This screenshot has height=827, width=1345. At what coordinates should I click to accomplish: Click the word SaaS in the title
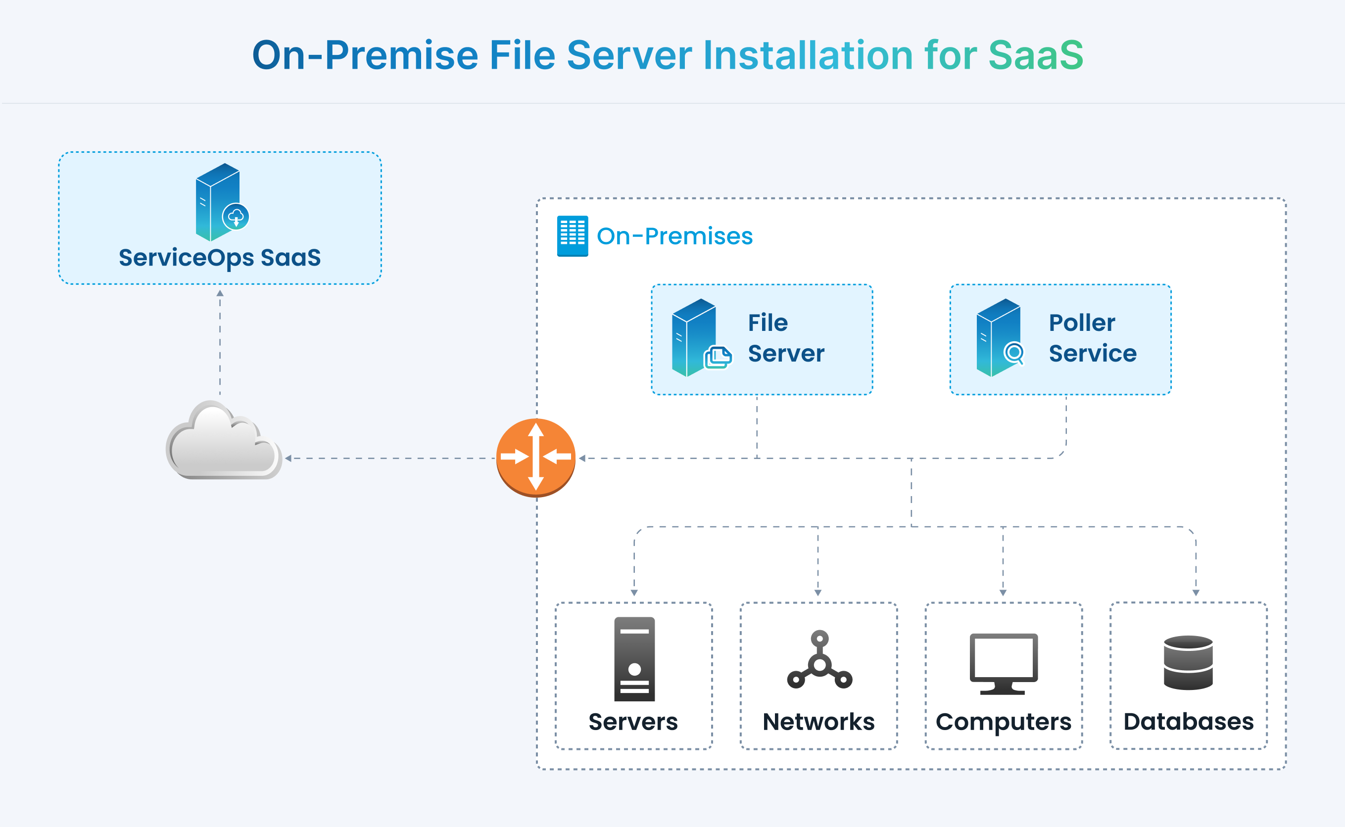(x=1035, y=55)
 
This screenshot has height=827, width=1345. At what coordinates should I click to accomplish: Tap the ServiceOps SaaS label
(x=219, y=258)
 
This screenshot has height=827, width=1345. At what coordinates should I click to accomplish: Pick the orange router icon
(x=536, y=457)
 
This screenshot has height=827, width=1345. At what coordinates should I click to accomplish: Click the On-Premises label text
(x=674, y=236)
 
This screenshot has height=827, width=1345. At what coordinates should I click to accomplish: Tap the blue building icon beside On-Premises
(x=573, y=236)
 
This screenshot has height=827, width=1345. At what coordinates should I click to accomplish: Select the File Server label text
(x=786, y=338)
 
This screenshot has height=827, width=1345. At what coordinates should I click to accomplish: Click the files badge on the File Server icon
(x=718, y=358)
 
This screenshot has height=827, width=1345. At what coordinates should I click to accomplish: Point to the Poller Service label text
(x=1092, y=338)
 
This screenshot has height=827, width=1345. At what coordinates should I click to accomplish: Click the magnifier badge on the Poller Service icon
(x=1014, y=353)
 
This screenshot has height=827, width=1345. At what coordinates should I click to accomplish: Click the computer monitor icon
(x=1003, y=663)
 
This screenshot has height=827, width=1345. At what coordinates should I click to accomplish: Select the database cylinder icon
(x=1188, y=662)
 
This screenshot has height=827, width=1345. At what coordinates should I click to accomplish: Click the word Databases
(x=1188, y=722)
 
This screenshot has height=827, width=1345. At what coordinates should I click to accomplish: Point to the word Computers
(x=1003, y=722)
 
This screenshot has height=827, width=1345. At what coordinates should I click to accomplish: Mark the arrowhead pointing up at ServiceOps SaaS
(x=220, y=294)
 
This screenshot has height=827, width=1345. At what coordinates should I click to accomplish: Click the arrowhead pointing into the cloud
(x=288, y=459)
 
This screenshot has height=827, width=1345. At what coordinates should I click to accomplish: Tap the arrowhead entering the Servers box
(x=634, y=593)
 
